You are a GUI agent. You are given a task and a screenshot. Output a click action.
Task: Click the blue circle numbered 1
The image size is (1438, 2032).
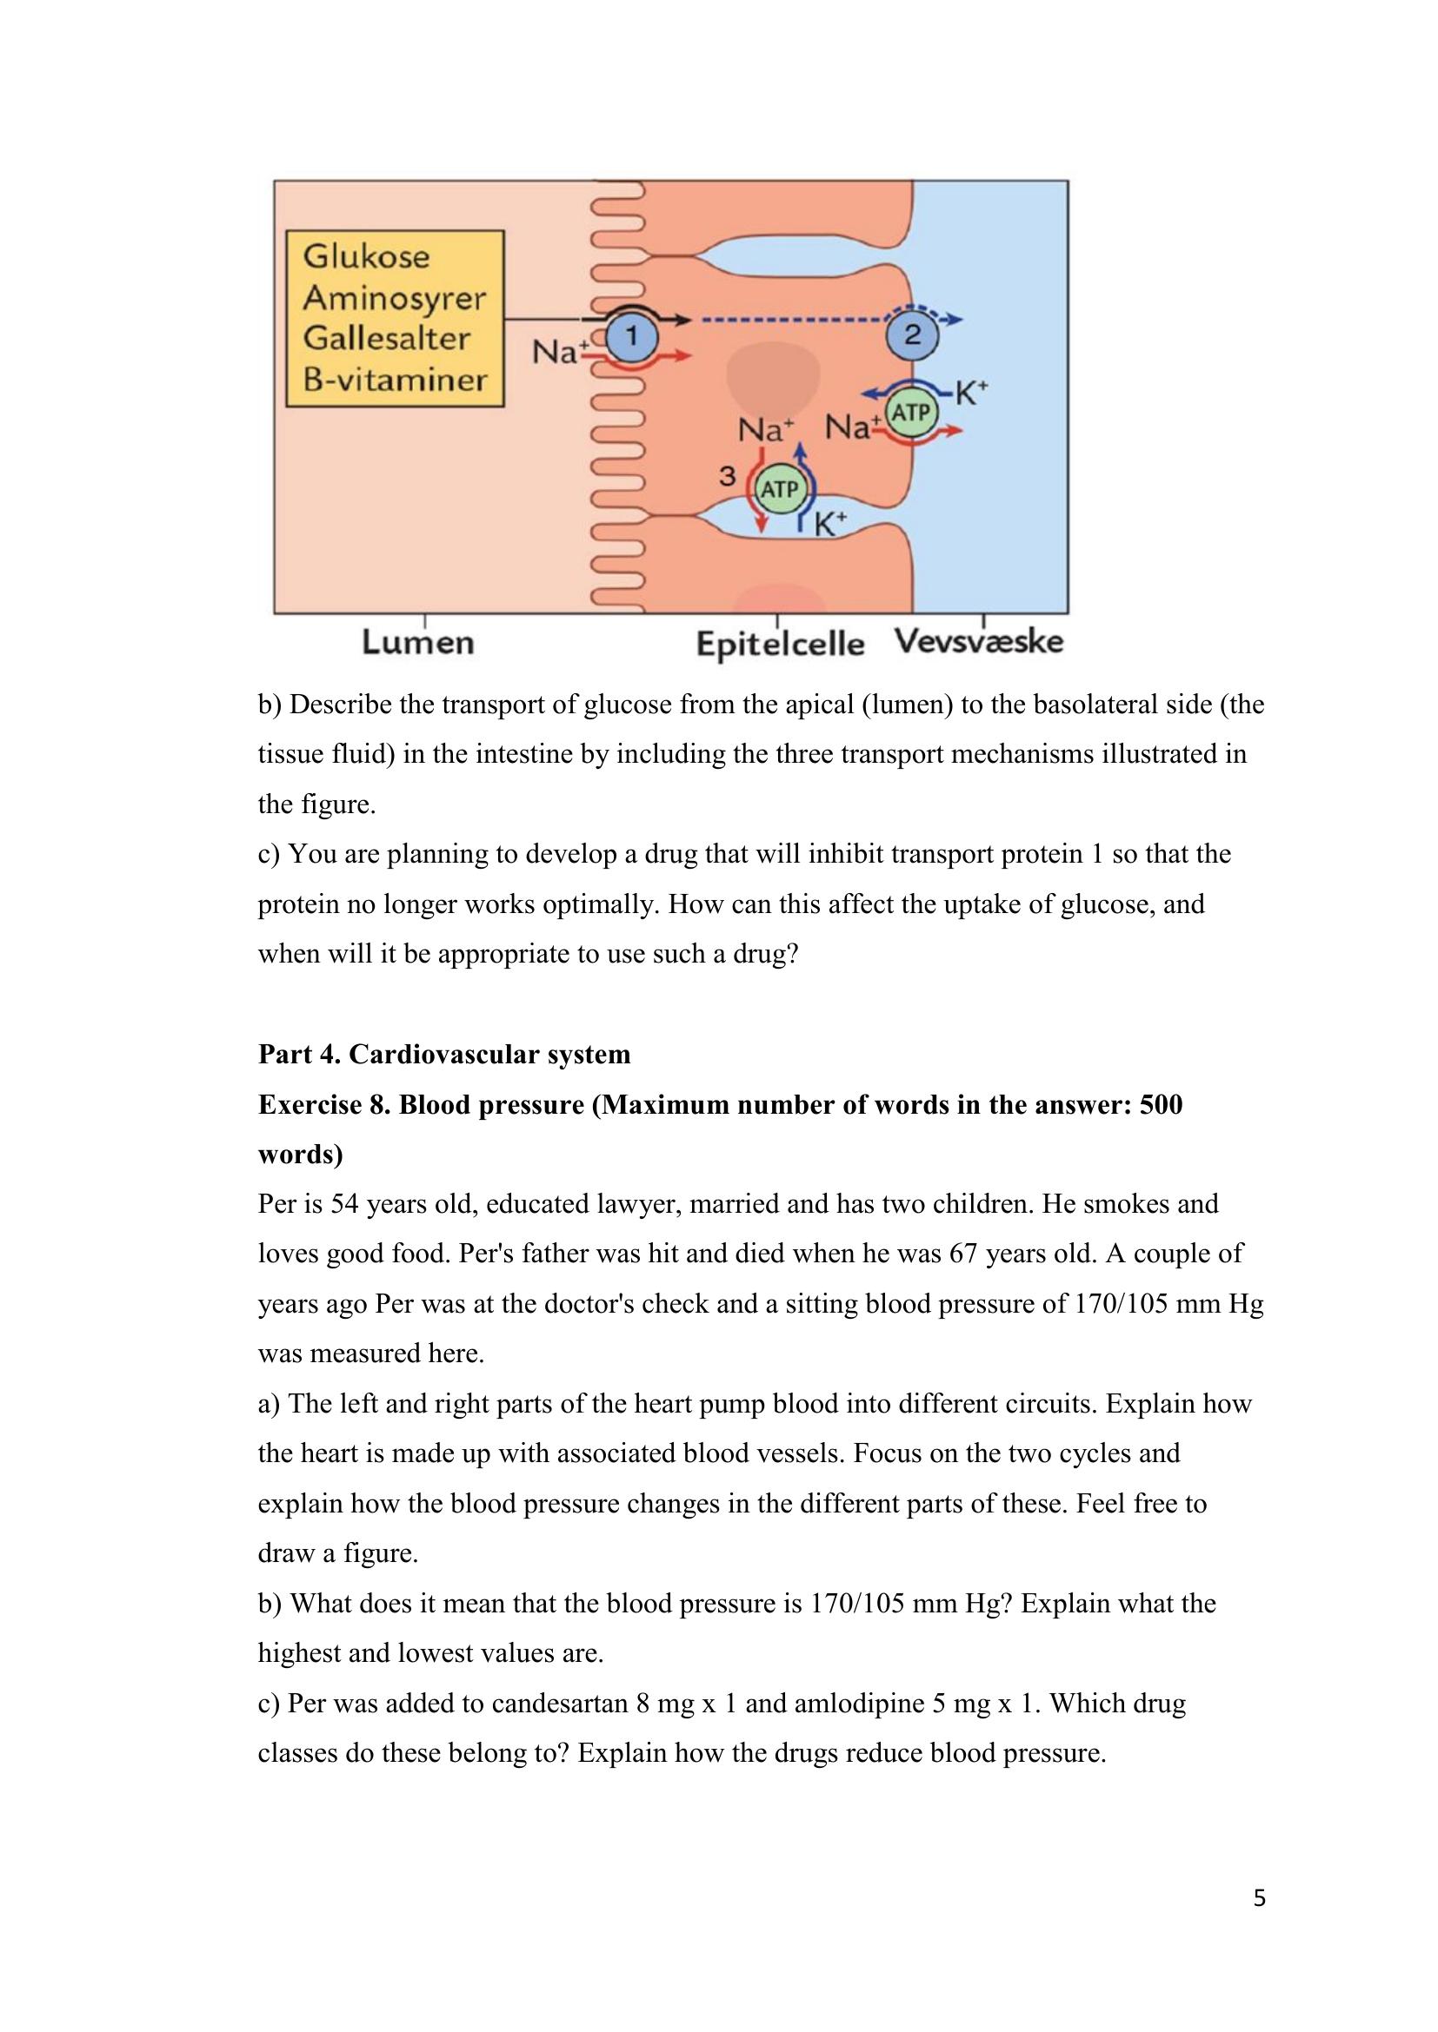pos(631,336)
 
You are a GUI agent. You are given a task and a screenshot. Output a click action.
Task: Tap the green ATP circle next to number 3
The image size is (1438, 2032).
pos(779,489)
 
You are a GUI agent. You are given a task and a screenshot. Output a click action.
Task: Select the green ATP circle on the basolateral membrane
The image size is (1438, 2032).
pos(910,413)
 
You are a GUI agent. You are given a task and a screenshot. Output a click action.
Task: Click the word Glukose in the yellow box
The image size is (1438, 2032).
pos(366,256)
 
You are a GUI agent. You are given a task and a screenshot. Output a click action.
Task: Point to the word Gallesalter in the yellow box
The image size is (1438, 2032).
pos(386,338)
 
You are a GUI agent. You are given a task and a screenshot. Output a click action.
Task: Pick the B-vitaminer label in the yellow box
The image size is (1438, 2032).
pos(395,380)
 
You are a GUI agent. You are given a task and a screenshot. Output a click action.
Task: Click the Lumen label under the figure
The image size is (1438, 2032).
pos(418,642)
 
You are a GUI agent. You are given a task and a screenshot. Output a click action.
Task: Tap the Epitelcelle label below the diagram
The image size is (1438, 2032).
pos(780,644)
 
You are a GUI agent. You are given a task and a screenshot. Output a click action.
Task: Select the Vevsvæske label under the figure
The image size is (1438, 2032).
pos(978,641)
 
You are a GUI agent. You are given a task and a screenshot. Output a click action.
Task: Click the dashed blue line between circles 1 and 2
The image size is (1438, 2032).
pos(793,320)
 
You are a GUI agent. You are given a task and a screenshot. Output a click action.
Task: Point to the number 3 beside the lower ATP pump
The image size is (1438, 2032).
pos(727,476)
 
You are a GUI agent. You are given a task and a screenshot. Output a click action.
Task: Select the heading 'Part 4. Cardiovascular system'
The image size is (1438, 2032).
pos(443,1054)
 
